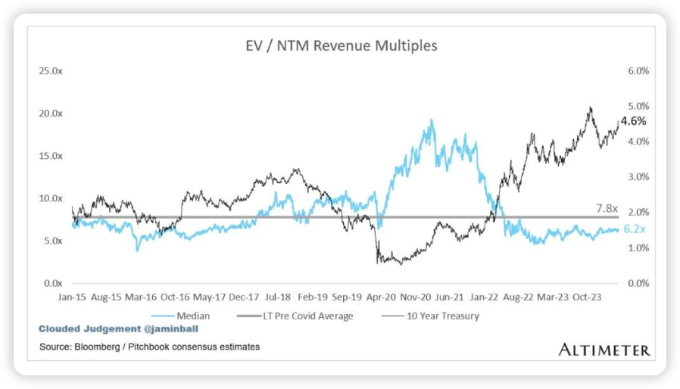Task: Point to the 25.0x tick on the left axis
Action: coord(51,70)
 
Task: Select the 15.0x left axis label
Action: coord(51,155)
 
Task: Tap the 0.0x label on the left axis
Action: coord(53,283)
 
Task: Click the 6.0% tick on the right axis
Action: coord(637,70)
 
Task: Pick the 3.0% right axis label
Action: coord(637,177)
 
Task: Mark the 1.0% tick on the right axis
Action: coord(637,247)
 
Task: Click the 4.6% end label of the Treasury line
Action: coord(633,121)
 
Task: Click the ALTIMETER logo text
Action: coord(604,349)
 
